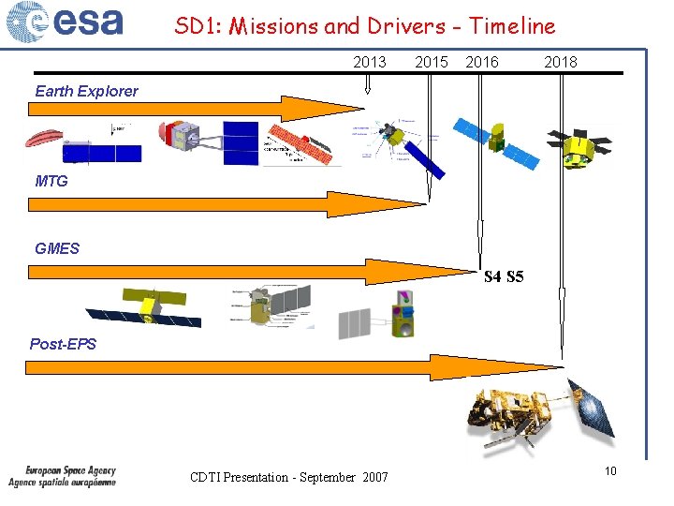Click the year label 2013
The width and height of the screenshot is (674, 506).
coord(370,62)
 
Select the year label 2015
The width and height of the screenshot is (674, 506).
coord(431,62)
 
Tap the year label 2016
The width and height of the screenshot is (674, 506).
coord(482,62)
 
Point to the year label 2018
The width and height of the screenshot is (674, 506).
coord(561,62)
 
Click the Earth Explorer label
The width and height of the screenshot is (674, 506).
coord(86,91)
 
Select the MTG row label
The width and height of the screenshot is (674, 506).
coord(51,181)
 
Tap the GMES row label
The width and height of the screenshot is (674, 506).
coord(57,248)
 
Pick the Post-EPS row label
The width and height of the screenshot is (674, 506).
coord(63,344)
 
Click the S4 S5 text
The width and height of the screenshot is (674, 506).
coord(504,276)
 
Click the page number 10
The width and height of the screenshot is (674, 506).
coord(609,470)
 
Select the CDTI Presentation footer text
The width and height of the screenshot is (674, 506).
coord(288,478)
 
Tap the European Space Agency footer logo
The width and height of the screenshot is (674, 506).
coord(63,476)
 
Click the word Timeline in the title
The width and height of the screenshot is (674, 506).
coord(512,26)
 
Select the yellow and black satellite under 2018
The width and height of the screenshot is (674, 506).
coord(579,147)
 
